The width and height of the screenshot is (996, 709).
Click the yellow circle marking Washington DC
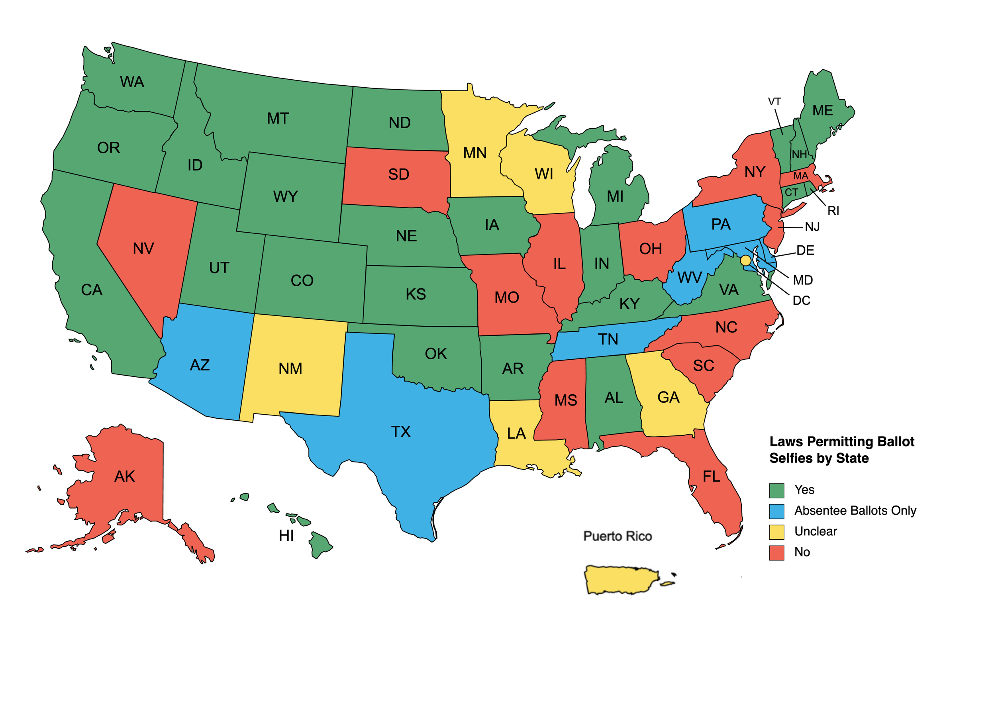click(x=745, y=260)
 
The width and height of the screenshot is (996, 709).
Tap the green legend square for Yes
click(x=776, y=490)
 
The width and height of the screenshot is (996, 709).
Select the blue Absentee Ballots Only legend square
click(x=776, y=511)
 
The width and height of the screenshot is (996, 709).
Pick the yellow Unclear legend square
click(x=776, y=532)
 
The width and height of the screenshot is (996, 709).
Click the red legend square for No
click(x=776, y=552)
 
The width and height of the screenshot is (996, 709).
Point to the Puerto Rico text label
click(x=617, y=536)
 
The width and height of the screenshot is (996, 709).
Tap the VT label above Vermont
click(x=774, y=102)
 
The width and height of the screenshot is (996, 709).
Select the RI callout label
click(x=833, y=211)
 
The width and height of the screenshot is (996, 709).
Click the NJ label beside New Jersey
click(x=812, y=227)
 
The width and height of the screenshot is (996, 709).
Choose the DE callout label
click(x=805, y=250)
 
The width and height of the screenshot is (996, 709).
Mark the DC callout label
click(x=801, y=300)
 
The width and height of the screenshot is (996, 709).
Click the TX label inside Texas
click(x=400, y=432)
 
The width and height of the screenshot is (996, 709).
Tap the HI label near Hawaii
click(x=286, y=536)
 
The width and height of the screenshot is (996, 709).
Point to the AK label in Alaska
click(x=124, y=476)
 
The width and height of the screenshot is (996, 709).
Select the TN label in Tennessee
click(x=608, y=339)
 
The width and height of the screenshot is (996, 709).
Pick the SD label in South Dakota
click(x=398, y=174)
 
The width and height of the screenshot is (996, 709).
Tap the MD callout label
click(x=802, y=280)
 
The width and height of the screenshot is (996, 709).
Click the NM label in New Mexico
click(x=290, y=368)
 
